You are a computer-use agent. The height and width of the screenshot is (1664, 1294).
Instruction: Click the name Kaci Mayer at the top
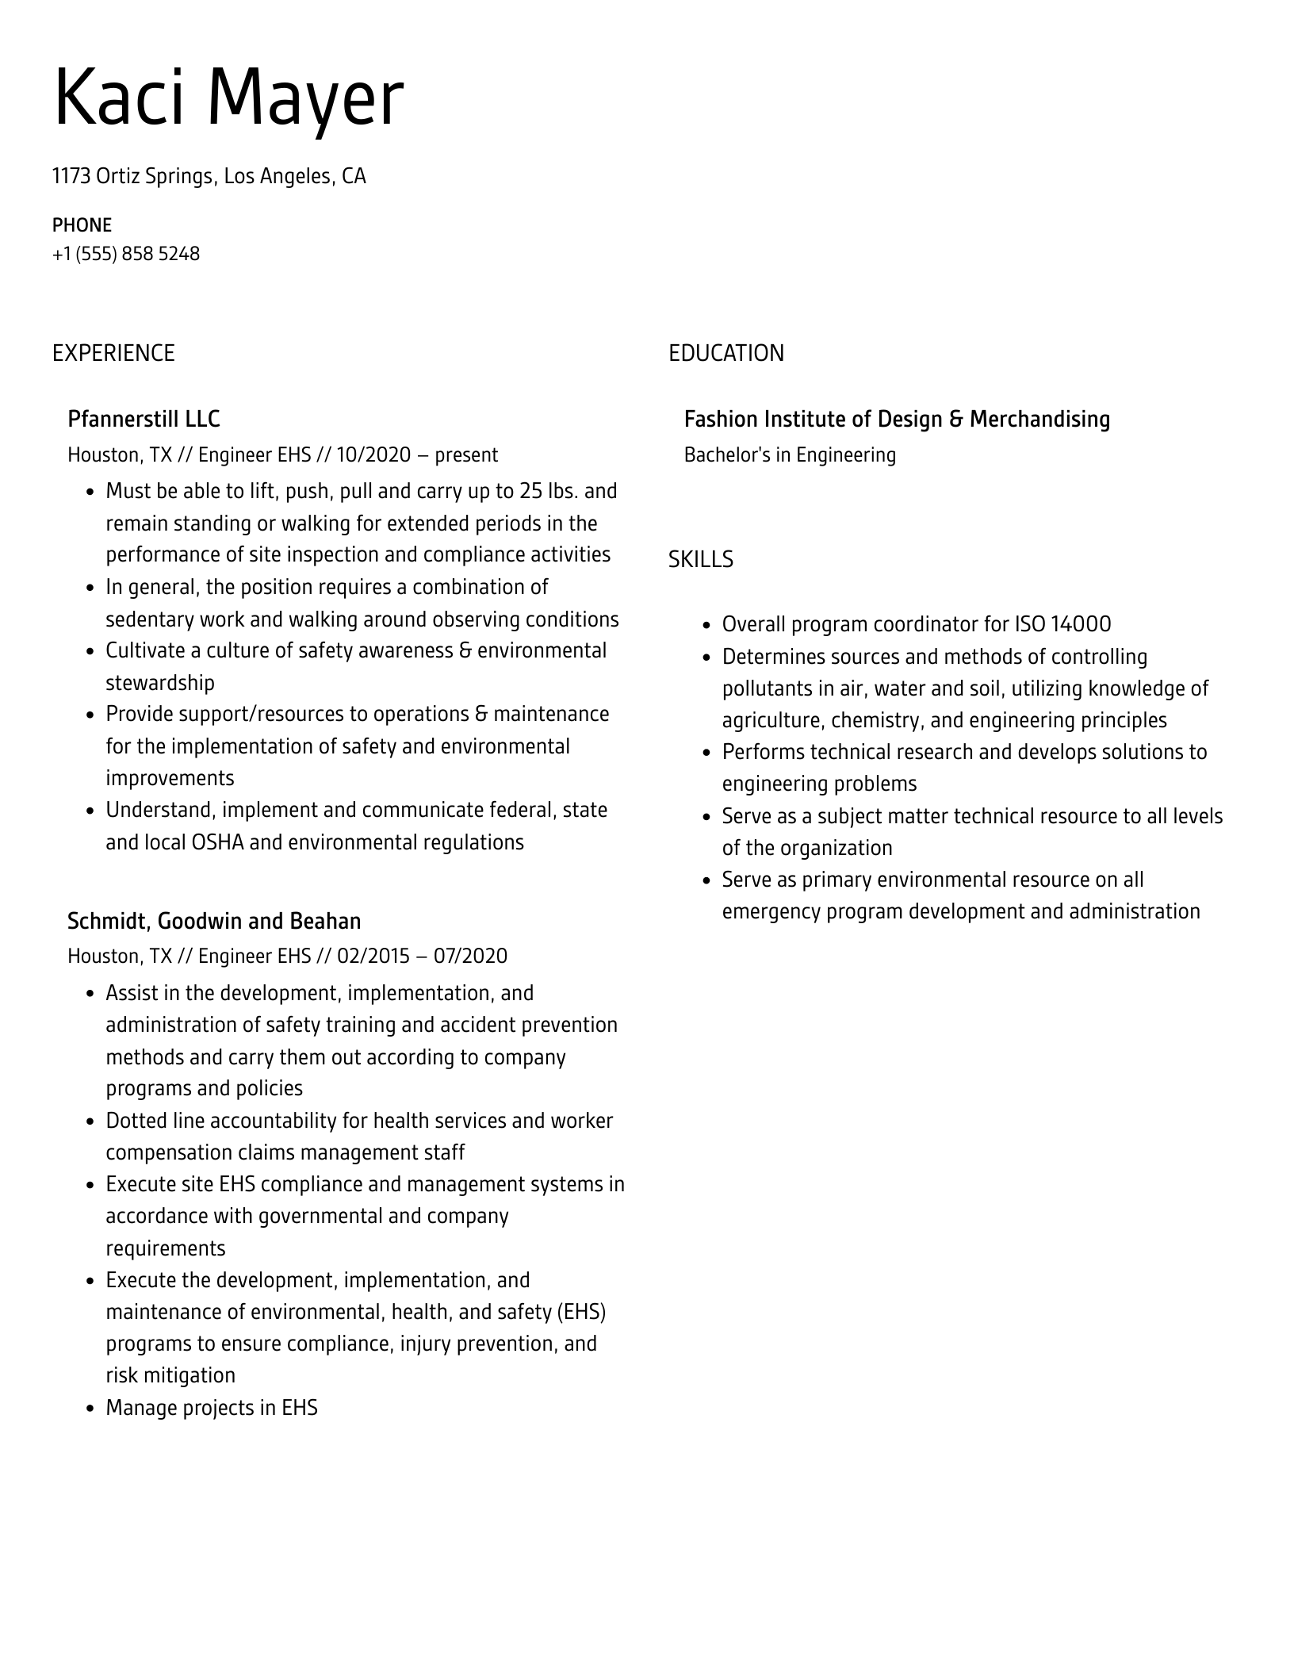228,98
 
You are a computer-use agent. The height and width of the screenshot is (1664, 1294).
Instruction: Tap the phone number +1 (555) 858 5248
126,254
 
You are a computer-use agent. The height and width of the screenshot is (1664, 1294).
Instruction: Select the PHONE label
82,224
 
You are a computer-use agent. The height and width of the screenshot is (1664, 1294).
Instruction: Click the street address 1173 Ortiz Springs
132,176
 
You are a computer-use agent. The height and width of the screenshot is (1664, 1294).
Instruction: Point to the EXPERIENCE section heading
113,353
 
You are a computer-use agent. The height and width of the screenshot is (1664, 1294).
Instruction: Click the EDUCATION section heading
725,353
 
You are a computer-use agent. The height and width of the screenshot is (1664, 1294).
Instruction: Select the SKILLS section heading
700,559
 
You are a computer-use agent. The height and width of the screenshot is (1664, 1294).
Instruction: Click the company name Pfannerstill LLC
144,419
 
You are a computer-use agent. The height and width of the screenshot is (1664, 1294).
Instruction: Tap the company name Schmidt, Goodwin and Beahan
214,921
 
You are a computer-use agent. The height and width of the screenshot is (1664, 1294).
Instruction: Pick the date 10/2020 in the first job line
373,454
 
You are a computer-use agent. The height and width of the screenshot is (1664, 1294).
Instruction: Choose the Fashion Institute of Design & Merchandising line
897,419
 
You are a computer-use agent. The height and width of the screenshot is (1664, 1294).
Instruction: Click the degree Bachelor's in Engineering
790,454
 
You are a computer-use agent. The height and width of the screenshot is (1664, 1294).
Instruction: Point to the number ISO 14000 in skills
1062,624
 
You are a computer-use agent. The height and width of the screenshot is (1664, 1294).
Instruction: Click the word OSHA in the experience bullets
218,842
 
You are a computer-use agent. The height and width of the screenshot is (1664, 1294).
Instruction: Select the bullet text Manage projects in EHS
212,1407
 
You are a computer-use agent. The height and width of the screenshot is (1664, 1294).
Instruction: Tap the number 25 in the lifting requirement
530,491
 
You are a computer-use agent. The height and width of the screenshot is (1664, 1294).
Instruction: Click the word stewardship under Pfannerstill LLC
160,682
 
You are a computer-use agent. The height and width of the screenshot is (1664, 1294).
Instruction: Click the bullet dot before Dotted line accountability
90,1121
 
